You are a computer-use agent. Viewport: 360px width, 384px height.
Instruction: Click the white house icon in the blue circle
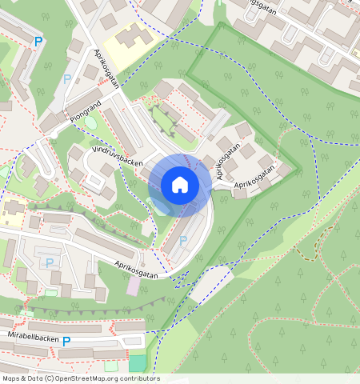(x=180, y=185)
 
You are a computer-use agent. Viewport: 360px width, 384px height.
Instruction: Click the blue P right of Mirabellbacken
(x=66, y=342)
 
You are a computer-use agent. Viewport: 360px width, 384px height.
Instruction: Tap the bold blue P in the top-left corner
(x=37, y=42)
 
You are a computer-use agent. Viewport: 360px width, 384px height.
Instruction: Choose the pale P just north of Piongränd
(x=66, y=79)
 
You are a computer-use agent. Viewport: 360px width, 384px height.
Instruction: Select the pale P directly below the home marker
(x=183, y=241)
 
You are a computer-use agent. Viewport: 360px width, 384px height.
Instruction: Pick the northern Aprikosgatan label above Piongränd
(x=106, y=69)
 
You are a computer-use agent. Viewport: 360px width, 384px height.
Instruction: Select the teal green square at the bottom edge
(x=138, y=363)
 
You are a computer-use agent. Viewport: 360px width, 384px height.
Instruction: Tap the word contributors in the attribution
(x=139, y=378)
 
